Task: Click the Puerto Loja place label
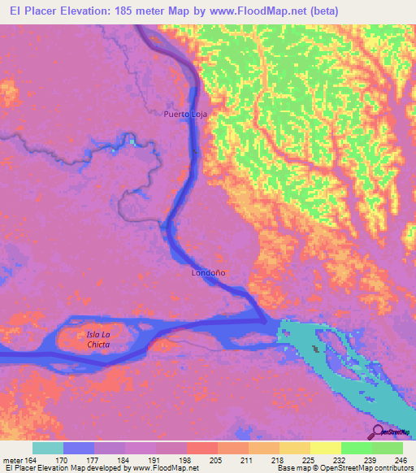tap(185, 115)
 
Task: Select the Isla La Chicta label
tap(97, 339)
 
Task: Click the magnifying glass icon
tap(379, 432)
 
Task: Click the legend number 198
tap(187, 459)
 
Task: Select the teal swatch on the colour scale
tap(48, 448)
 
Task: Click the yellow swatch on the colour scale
tap(325, 448)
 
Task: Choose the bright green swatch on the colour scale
tap(356, 448)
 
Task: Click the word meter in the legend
tap(11, 459)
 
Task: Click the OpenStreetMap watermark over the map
tap(395, 432)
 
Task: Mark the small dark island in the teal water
tap(315, 349)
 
